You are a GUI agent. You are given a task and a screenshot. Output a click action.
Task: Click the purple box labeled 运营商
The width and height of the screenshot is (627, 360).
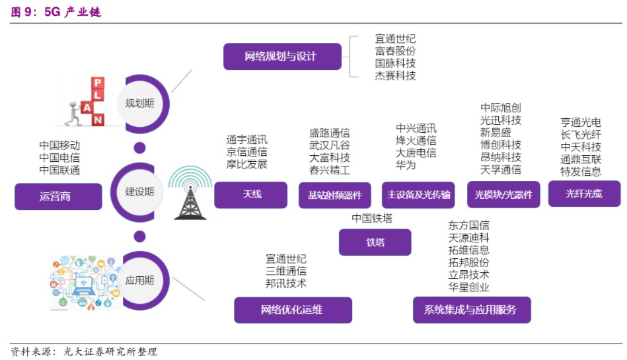coord(58,196)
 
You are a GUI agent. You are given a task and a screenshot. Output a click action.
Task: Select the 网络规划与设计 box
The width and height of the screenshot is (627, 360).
coord(282,57)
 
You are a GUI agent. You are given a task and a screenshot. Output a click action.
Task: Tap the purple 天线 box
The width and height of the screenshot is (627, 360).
coord(251,195)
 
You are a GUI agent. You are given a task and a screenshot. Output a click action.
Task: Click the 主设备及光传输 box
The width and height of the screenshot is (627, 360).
coord(418,195)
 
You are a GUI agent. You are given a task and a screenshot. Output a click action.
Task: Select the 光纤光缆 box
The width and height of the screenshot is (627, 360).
coord(584,194)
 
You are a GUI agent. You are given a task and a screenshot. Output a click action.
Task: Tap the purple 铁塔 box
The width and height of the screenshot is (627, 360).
coord(375,242)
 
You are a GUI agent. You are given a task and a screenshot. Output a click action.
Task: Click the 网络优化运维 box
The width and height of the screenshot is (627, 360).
coord(293,310)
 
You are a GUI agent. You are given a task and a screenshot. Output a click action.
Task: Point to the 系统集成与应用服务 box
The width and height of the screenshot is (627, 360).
coord(471,310)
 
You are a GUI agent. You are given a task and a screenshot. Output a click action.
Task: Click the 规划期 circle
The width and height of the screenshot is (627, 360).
coord(139,103)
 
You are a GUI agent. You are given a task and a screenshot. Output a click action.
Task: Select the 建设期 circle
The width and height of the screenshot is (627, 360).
coord(139,192)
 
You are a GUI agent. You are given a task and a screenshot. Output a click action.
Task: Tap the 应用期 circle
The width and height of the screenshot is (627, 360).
coord(139,280)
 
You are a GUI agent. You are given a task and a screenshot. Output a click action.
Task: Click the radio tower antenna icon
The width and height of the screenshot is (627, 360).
coord(190,192)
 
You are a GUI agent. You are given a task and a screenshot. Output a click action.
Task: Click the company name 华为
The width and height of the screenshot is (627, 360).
coord(406,166)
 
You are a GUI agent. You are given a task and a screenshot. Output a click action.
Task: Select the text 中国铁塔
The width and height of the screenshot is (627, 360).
coord(372,219)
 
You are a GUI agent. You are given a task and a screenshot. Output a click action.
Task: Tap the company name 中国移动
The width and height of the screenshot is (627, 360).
coord(59,145)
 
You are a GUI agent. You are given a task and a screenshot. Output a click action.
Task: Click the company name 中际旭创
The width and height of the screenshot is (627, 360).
coord(500,108)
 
